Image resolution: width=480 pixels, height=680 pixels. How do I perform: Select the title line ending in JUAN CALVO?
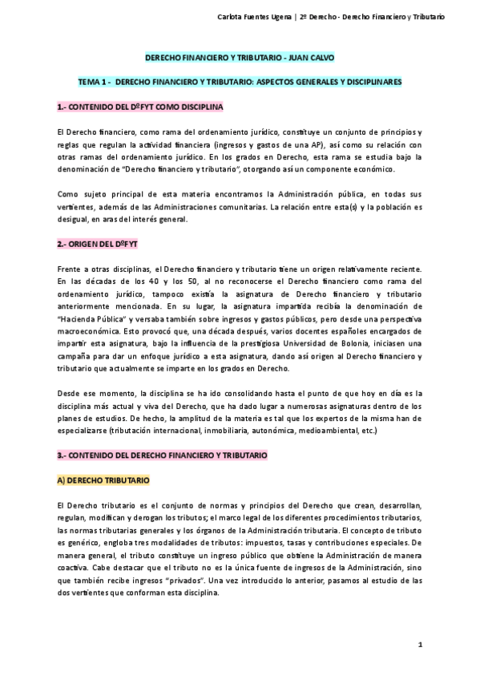point(240,59)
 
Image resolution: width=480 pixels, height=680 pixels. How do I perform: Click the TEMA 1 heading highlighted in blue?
point(240,82)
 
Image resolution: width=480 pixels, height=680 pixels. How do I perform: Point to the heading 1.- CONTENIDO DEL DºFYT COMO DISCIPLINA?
point(140,106)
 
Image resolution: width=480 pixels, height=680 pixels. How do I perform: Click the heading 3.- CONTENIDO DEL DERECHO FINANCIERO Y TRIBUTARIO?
point(162,455)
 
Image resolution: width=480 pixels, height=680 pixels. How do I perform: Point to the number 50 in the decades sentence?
point(177,281)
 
